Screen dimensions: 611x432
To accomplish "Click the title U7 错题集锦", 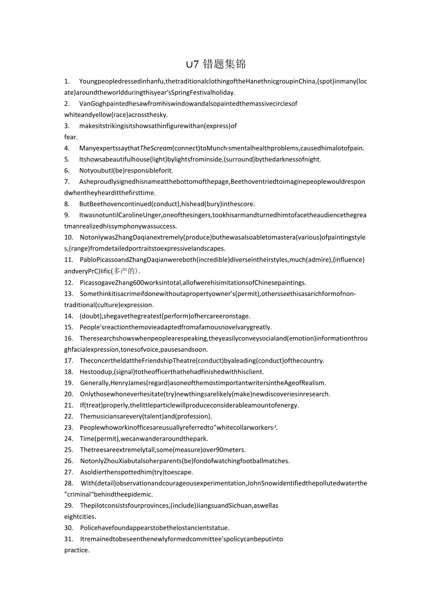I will tap(216, 64).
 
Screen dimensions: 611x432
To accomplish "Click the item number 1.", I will tap(67, 81).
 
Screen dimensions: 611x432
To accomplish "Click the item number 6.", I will tap(67, 170).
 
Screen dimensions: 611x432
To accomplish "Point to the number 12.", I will tap(69, 282).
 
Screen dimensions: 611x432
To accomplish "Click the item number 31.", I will tap(69, 539).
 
